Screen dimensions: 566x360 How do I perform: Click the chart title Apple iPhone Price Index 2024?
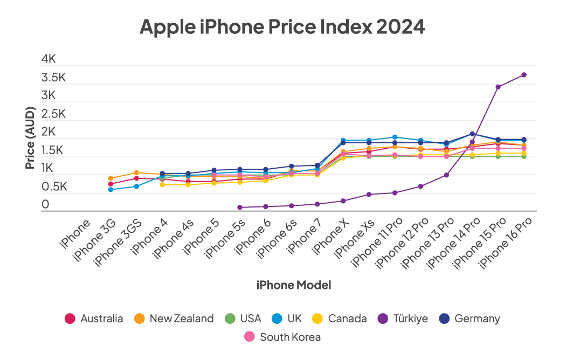pos(282,26)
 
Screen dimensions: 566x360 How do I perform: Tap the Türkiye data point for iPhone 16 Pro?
pos(524,75)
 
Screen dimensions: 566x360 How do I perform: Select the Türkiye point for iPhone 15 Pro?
pos(498,87)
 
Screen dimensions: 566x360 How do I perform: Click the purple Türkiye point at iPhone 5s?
pos(240,207)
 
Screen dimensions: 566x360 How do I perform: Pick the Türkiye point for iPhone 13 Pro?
pos(446,175)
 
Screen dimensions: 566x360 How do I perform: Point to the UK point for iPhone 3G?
pos(111,189)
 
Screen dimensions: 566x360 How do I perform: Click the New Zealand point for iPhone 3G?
pos(111,178)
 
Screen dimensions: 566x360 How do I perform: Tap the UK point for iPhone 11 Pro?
pos(395,137)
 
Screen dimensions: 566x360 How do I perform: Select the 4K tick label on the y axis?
pos(49,59)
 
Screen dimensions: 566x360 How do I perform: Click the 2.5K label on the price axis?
pos(53,114)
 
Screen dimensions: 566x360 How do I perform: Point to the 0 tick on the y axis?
pos(45,204)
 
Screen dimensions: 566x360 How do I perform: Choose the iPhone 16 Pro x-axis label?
pos(505,243)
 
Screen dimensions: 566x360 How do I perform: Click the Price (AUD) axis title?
pos(30,138)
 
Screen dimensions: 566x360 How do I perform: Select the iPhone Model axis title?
pos(294,285)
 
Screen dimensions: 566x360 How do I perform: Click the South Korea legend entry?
pos(282,337)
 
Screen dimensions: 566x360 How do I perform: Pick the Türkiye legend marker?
pos(383,319)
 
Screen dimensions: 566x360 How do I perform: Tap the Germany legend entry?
pos(470,319)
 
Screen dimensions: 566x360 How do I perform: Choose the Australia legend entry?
pos(94,319)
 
